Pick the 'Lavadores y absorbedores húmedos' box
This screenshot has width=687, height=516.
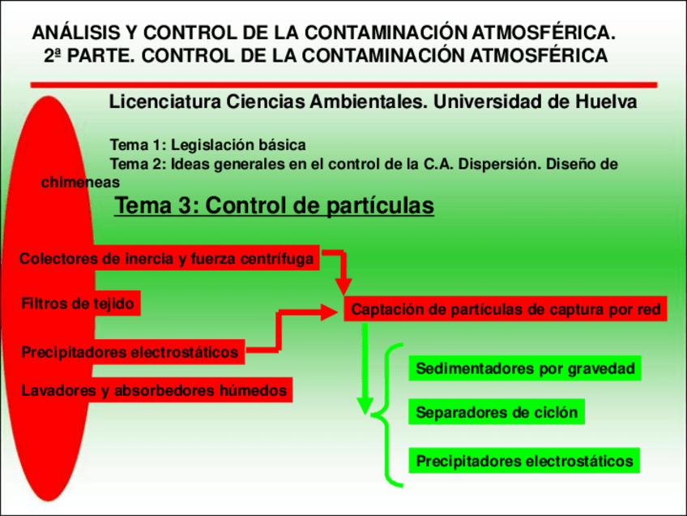click(154, 391)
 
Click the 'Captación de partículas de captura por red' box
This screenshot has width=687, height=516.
click(506, 309)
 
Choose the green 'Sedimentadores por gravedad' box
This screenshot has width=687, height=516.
click(524, 368)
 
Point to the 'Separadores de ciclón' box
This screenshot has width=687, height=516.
click(497, 412)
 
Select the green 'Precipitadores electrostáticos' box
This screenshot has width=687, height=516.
click(524, 462)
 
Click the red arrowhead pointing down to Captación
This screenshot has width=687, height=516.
click(344, 286)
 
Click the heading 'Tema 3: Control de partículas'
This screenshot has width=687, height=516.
click(275, 207)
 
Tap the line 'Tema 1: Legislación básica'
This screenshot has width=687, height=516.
click(207, 145)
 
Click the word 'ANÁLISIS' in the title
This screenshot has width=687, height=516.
click(72, 33)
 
